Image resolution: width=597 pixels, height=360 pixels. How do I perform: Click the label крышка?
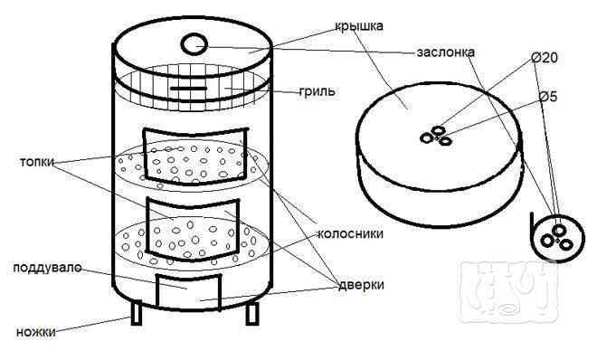coord(359,26)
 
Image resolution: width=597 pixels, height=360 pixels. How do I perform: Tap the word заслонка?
coord(445,52)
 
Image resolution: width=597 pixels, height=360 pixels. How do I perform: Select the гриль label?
coord(317,91)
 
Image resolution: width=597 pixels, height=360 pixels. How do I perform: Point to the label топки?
coord(37,162)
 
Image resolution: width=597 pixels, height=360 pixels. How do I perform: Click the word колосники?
coord(350,233)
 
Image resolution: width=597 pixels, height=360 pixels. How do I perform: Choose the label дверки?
coord(361,285)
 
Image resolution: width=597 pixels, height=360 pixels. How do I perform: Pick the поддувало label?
coord(47,268)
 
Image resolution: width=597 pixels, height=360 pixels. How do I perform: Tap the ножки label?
coord(36,332)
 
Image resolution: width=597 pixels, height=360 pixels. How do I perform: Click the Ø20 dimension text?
coord(545,58)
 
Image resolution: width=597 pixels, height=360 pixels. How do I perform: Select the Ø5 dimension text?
coord(548,97)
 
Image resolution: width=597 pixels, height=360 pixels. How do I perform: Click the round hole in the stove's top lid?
coord(194,45)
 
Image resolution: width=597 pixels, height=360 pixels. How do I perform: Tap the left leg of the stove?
coord(137,312)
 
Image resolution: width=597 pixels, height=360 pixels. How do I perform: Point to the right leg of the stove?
coord(252,313)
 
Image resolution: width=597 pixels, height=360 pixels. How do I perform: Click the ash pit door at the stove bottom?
coord(188,291)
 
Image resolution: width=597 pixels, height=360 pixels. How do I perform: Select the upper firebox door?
coord(195,156)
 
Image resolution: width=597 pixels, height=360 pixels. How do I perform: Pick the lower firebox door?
coord(194,230)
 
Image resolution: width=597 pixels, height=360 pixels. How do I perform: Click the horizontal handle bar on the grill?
coord(188,89)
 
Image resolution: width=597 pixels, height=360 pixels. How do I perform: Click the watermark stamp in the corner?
coord(509,293)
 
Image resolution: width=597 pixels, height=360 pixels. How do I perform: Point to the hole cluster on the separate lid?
coord(436,136)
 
